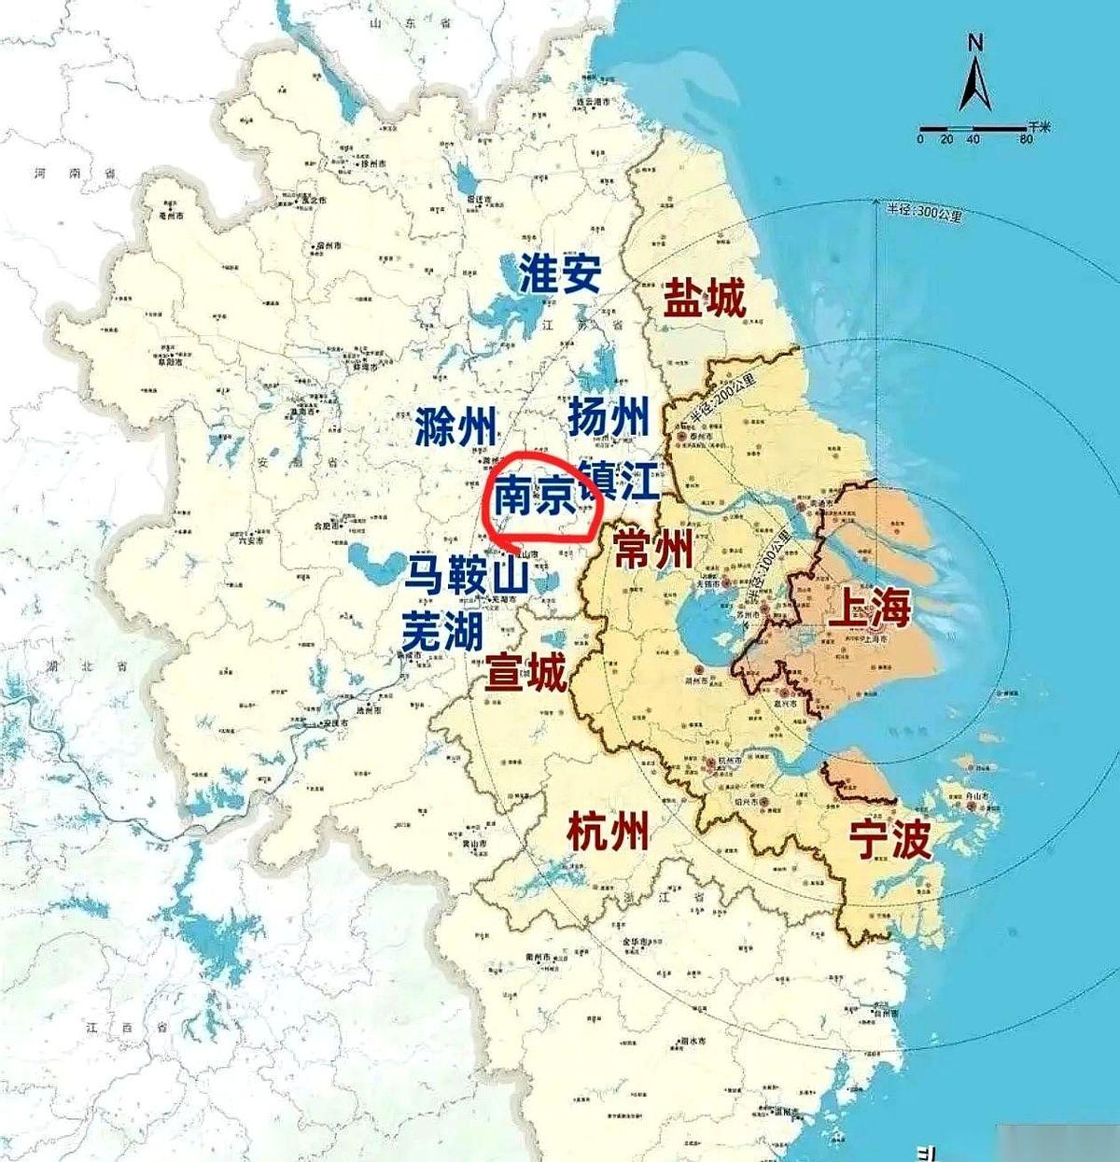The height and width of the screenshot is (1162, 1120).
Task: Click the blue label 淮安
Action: point(561,273)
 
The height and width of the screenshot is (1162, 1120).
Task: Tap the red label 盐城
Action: point(705,299)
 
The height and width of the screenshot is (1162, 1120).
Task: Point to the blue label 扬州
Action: point(608,416)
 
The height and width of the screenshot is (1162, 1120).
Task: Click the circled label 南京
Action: point(533,496)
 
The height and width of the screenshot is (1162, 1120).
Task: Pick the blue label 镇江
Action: point(618,482)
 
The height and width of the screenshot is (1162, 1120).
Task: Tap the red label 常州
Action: point(653,551)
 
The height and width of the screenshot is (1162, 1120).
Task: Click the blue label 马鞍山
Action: point(467,574)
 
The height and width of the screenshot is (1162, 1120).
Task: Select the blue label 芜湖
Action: point(442,632)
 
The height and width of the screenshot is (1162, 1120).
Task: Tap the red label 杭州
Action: point(608,829)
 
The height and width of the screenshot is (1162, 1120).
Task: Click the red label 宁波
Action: point(889,840)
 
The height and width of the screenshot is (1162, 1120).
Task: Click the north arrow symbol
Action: point(974,84)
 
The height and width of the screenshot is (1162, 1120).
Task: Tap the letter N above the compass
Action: point(975,42)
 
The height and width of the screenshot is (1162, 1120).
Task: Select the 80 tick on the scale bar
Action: point(1027,139)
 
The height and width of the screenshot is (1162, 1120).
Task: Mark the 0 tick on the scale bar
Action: point(920,139)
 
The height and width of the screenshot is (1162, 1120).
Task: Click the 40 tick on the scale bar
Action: point(973,139)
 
